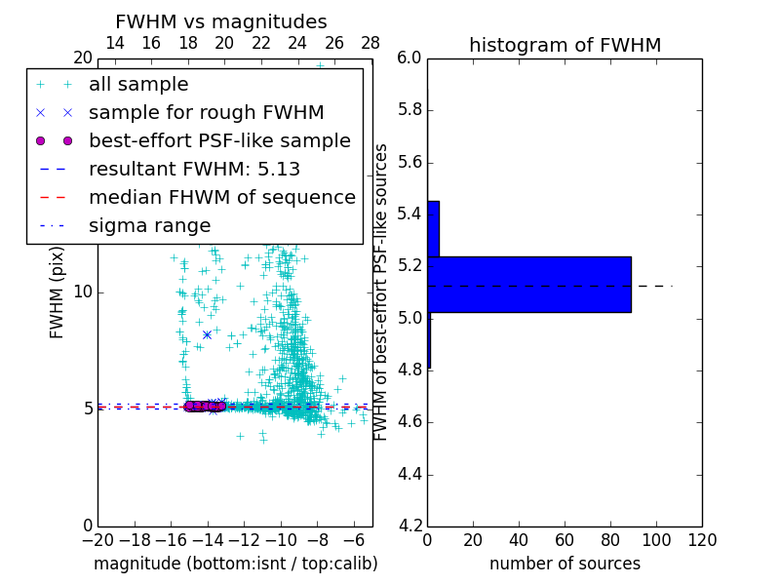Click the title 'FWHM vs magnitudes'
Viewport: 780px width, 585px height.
pos(220,22)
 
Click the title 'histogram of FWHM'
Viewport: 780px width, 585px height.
pos(565,45)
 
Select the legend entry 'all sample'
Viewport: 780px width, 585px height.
pos(138,85)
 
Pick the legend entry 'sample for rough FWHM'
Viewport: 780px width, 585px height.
pos(206,113)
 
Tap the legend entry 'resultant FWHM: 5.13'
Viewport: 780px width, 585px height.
pos(194,170)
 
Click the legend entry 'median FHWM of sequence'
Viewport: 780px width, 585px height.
pos(221,198)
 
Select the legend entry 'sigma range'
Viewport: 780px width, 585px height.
pos(149,226)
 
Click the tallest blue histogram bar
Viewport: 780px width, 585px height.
pos(529,285)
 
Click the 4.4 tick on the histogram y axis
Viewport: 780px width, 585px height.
pos(409,475)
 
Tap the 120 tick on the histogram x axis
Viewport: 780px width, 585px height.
pos(701,540)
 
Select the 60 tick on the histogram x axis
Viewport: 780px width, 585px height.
pos(565,540)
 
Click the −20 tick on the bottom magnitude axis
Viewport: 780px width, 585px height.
pos(97,540)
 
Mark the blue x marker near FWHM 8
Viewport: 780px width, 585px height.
pos(207,334)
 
